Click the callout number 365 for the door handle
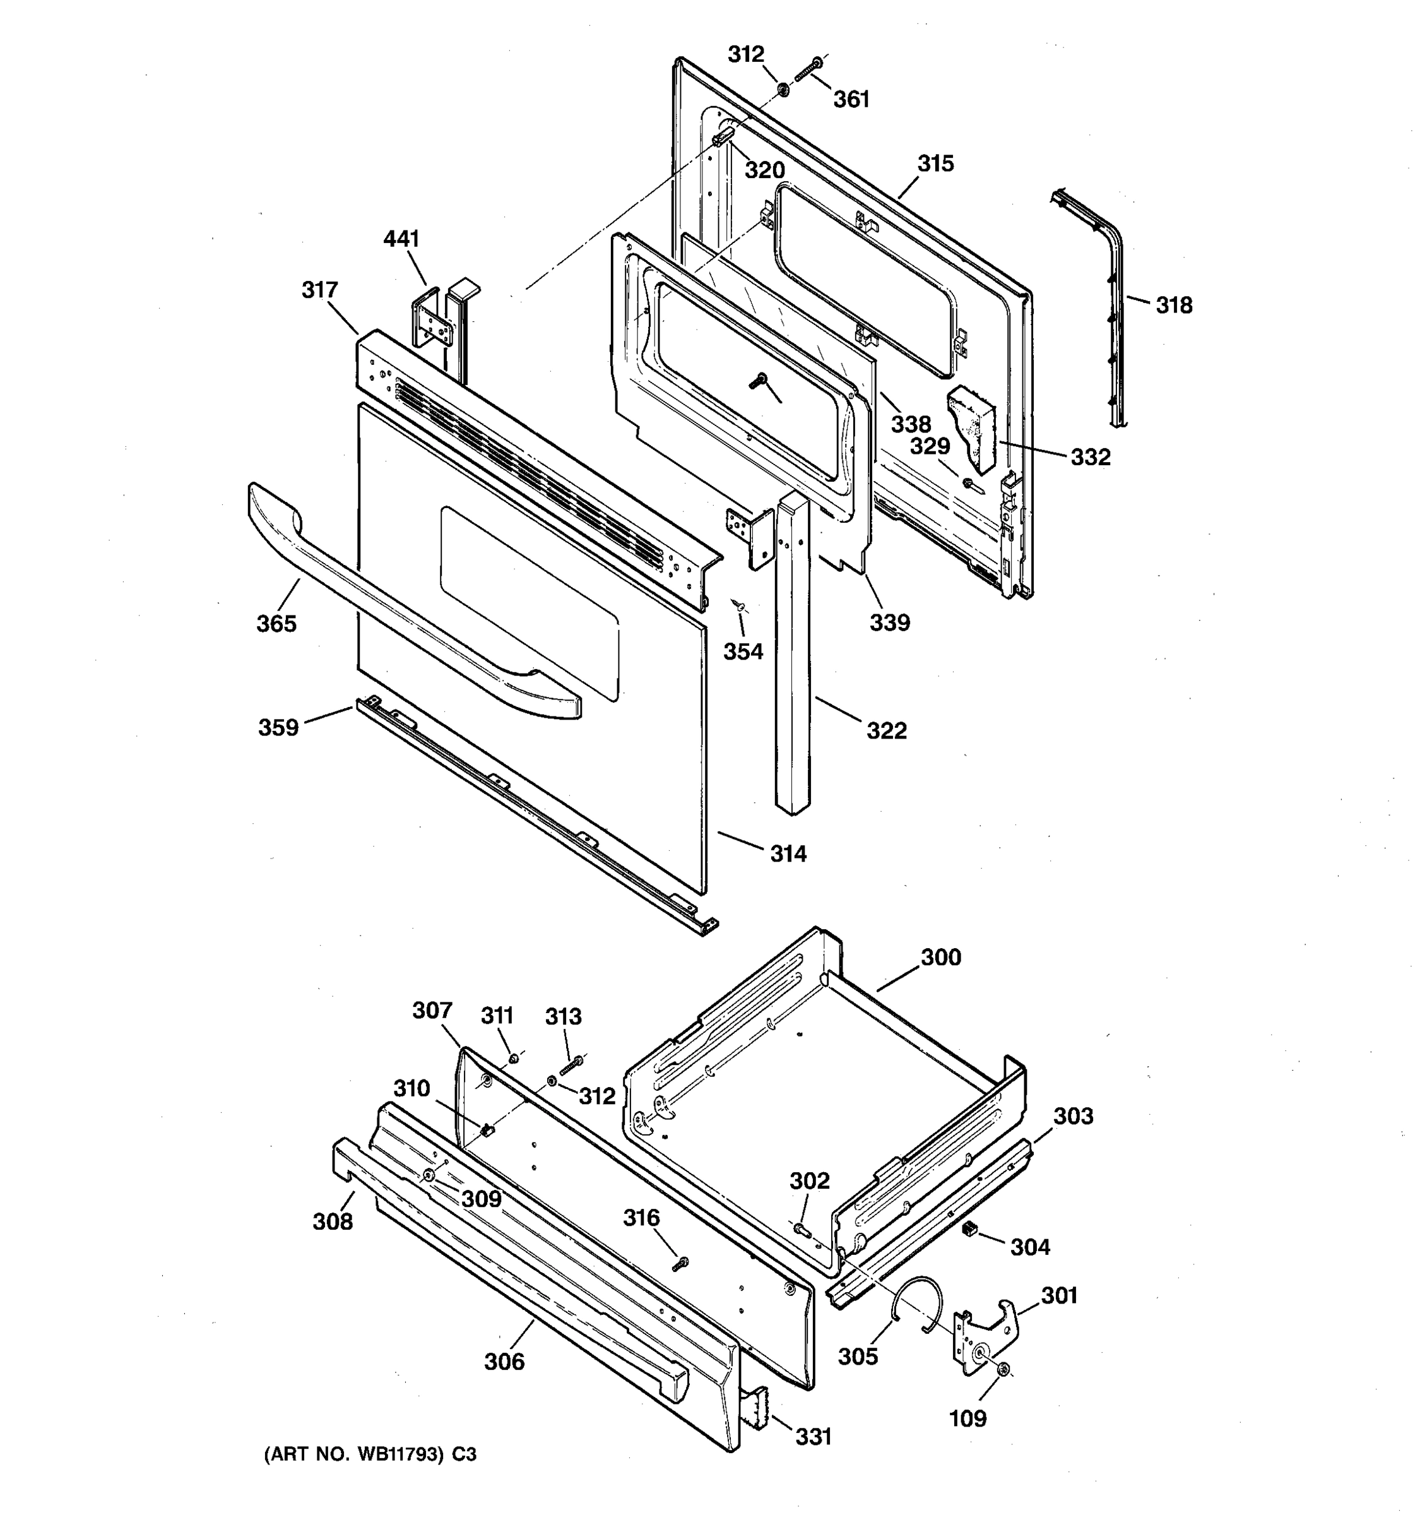pyautogui.click(x=276, y=624)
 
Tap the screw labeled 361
pyautogui.click(x=806, y=71)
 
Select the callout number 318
pyautogui.click(x=1173, y=305)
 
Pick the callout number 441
pyautogui.click(x=401, y=239)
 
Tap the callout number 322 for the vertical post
pyautogui.click(x=886, y=731)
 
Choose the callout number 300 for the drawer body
pyautogui.click(x=941, y=957)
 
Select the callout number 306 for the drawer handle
pyautogui.click(x=504, y=1361)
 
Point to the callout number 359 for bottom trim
pyautogui.click(x=278, y=728)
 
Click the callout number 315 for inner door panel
pyautogui.click(x=935, y=164)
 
